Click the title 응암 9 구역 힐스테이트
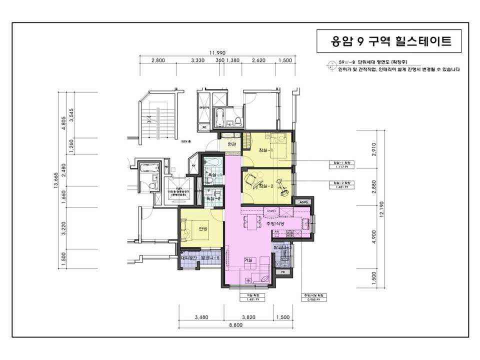pos(391,40)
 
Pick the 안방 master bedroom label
pos(203,229)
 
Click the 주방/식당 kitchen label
pos(275,225)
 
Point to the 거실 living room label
pos(248,260)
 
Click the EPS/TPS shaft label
pos(203,107)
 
